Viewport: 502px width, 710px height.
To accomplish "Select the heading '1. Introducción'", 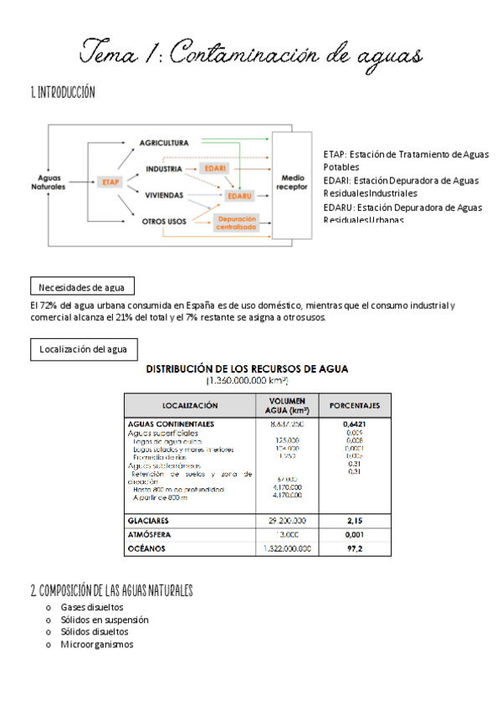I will click(63, 92).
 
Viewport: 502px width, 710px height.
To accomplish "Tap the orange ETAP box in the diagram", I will click(110, 182).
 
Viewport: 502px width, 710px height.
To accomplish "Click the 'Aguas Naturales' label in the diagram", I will click(48, 182).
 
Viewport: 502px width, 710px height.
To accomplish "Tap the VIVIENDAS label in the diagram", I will click(164, 195).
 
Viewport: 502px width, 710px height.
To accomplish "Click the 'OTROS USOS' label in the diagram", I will click(164, 221).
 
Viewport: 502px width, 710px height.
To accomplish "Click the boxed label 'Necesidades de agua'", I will click(81, 288).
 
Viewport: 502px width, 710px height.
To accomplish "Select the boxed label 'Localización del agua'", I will click(83, 349).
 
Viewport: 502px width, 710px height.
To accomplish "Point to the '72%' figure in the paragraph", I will click(51, 306).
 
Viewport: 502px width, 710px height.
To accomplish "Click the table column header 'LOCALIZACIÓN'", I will click(190, 405).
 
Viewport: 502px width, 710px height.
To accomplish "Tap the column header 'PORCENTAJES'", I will click(354, 405).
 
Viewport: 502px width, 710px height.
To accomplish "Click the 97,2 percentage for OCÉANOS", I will click(354, 548).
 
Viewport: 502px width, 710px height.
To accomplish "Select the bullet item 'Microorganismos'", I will click(96, 644).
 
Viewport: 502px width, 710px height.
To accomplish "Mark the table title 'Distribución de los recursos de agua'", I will click(248, 368).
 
